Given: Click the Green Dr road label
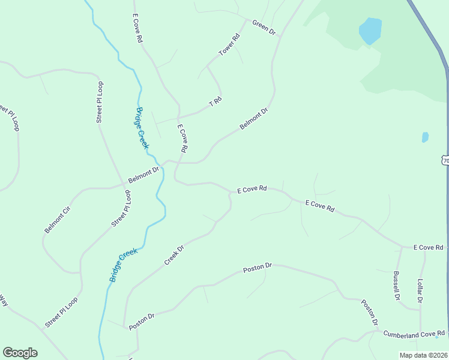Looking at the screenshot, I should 264,27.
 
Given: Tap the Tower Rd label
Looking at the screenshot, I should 229,45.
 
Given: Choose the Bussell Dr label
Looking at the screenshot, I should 396,285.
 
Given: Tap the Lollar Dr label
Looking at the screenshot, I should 420,290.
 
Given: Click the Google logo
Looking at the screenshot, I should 20,353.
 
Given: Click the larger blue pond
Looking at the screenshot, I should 370,31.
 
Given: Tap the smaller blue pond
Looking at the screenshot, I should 425,137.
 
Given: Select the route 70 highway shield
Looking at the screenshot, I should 445,160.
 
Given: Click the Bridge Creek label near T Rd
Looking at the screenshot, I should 142,128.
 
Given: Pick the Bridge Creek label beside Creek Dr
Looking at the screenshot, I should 124,265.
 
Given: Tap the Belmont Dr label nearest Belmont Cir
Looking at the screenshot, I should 143,175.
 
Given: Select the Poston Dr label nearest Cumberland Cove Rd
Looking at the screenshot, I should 369,313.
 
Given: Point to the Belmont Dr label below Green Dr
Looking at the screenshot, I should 253,118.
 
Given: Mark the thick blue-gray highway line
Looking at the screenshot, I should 435,42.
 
